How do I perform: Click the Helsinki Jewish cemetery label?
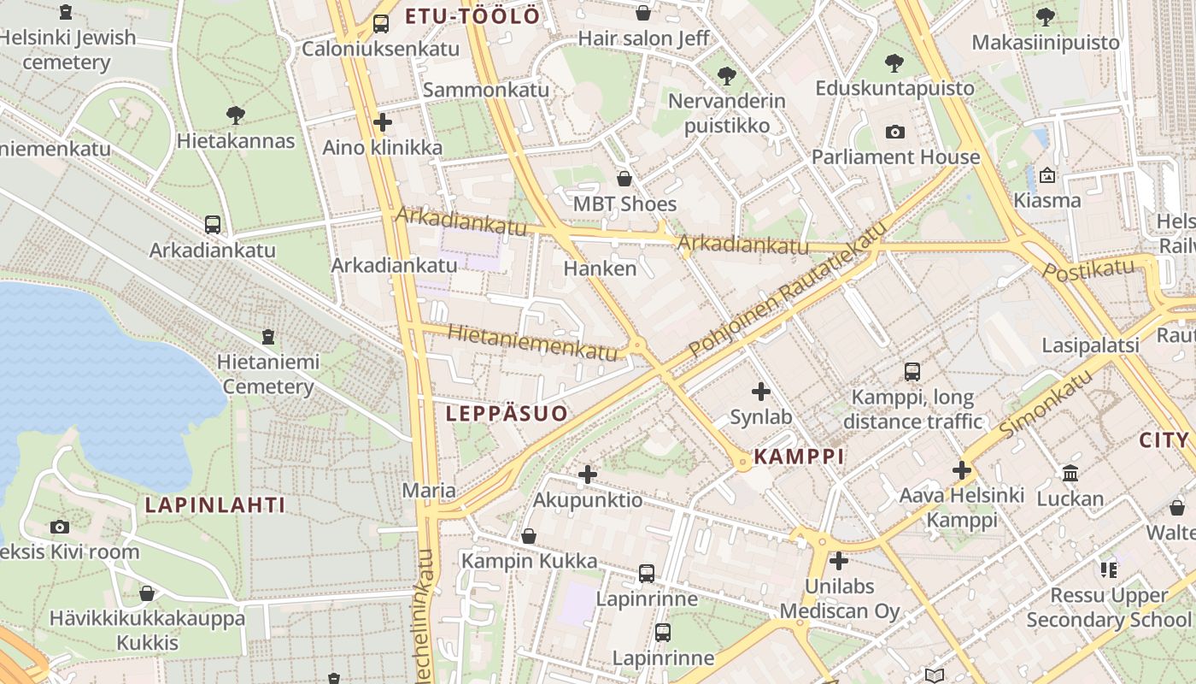pos(67,50)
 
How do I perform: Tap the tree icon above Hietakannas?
pos(236,115)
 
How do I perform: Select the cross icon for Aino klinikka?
pos(383,122)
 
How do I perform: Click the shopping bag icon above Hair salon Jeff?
pos(643,13)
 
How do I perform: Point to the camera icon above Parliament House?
pos(895,132)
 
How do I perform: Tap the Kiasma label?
pos(1047,200)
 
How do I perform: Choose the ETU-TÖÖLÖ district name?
pos(472,16)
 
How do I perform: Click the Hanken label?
pos(600,268)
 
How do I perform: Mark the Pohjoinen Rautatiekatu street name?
pos(783,296)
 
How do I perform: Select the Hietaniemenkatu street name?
pos(531,342)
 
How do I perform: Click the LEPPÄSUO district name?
pos(507,414)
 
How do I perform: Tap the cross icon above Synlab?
pos(760,392)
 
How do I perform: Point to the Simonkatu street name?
pos(1046,406)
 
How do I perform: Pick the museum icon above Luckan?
pos(1070,473)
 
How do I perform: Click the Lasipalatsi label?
pos(1090,345)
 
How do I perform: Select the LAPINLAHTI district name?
pos(215,504)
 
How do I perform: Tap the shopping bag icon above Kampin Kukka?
pos(529,536)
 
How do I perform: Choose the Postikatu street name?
pos(1088,270)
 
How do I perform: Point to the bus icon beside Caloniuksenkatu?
pos(381,24)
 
